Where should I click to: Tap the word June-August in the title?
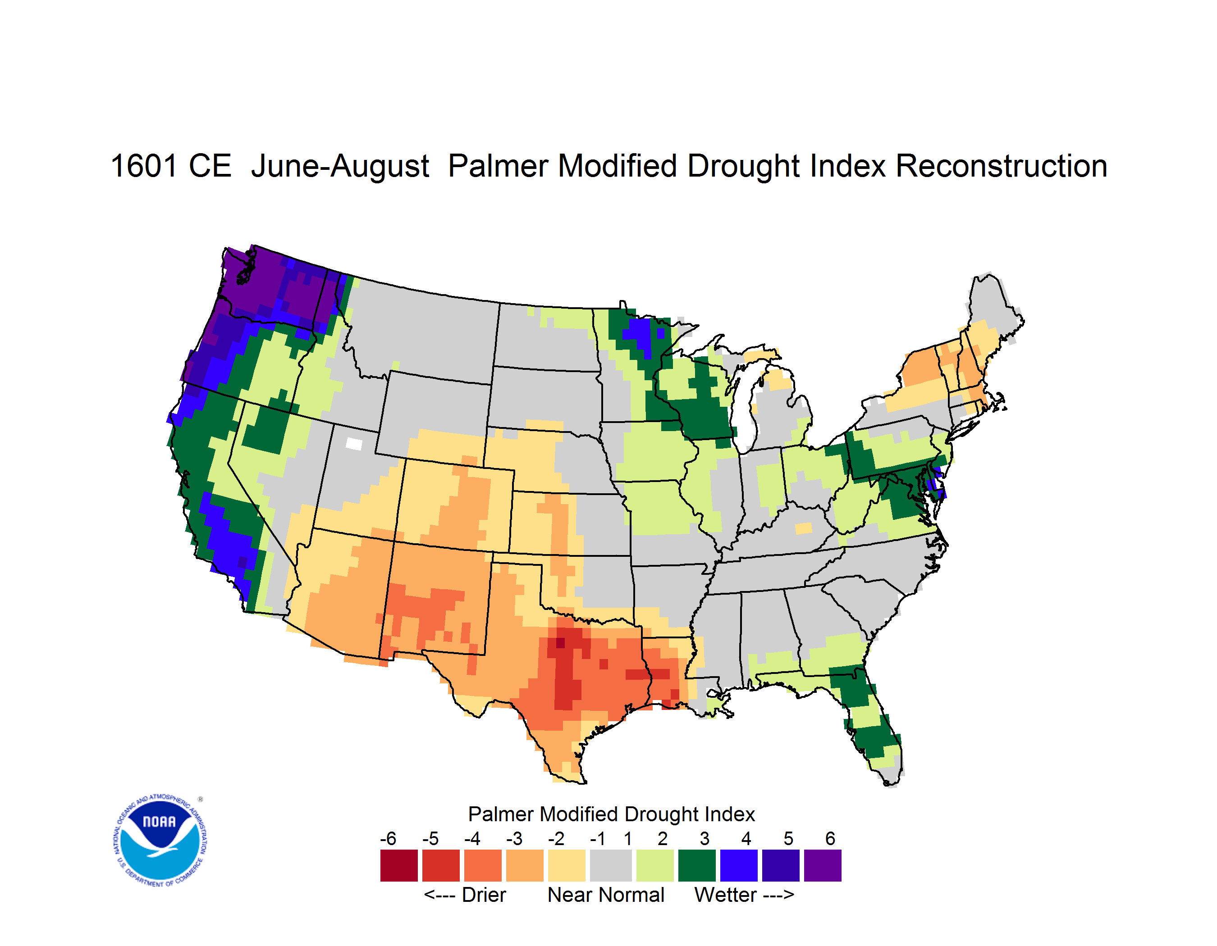[340, 167]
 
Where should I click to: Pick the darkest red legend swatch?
[399, 865]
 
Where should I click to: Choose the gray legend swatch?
[611, 865]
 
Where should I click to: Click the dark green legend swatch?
[696, 865]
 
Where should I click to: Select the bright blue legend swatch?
[738, 865]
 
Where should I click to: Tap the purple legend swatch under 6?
[823, 865]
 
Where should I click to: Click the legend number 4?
[746, 838]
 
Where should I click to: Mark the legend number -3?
[514, 838]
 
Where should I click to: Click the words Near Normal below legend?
[606, 895]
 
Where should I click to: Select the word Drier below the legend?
[484, 895]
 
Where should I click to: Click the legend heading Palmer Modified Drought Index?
[611, 814]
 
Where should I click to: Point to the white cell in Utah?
[354, 444]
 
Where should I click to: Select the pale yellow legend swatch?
[567, 865]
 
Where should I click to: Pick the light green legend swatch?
[655, 865]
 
